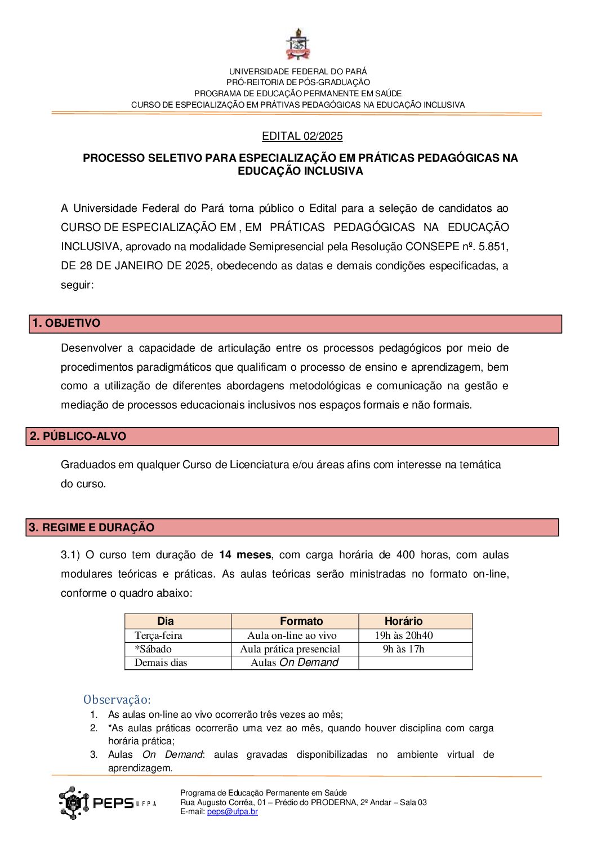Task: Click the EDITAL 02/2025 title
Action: coord(302,136)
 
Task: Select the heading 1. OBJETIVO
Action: coord(66,323)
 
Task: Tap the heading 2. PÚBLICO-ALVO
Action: coord(78,437)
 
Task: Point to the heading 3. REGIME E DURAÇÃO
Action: coord(92,528)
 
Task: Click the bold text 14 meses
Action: coord(245,555)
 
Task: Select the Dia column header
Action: coord(166,621)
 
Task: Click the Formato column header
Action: coord(301,621)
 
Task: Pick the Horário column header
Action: coord(403,621)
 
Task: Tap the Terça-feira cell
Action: coord(159,636)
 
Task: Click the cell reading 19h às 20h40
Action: coord(404,636)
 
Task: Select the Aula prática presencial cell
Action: coord(290,649)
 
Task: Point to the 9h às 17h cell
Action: coord(404,649)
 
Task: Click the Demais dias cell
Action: coord(161,663)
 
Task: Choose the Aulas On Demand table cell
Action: coord(295,663)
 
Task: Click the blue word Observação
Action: coord(117,700)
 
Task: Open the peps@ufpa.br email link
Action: coord(233,812)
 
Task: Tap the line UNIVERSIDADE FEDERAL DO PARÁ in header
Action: coord(298,72)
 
